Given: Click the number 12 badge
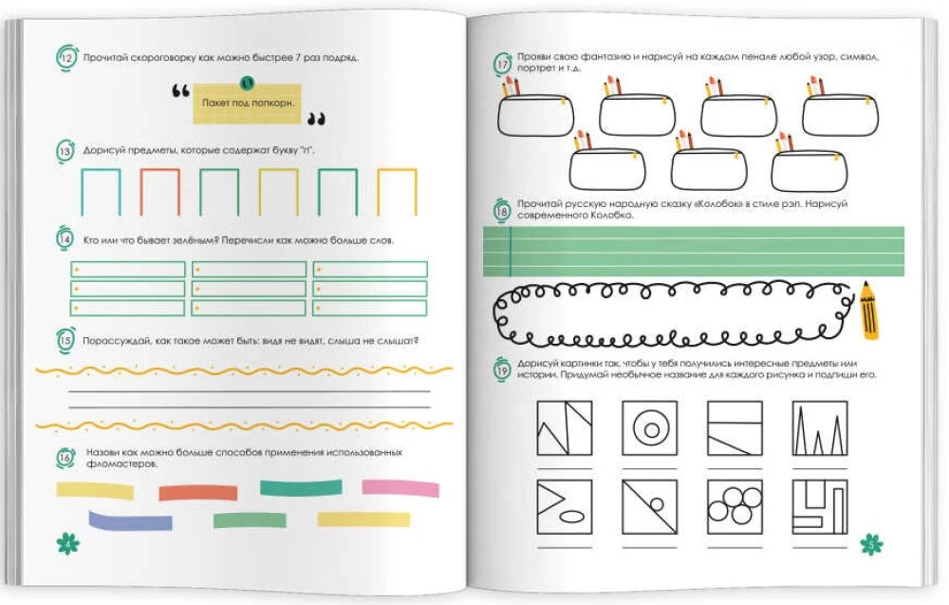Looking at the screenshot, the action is (66, 58).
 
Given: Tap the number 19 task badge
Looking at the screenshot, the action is (502, 369).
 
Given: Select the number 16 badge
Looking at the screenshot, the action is (65, 457).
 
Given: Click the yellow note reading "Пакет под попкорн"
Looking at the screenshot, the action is (247, 104).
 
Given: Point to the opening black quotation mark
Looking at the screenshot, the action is (180, 91).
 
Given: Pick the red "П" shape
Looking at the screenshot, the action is (159, 191).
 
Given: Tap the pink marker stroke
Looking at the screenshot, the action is (400, 488).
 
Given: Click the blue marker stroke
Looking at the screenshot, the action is (130, 520).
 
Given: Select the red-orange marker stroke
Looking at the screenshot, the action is (198, 492).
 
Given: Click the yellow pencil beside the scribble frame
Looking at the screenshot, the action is (869, 310).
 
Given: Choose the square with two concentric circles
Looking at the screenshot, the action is (650, 428).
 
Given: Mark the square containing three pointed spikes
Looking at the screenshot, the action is (820, 428).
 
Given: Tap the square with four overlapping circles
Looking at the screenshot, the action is (735, 507).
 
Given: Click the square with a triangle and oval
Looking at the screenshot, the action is (565, 507).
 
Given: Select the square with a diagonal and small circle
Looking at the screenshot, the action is (650, 507).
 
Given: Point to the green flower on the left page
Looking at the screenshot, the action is (67, 542).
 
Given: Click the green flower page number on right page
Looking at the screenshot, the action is (871, 544).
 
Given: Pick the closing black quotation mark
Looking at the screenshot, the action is (316, 119).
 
